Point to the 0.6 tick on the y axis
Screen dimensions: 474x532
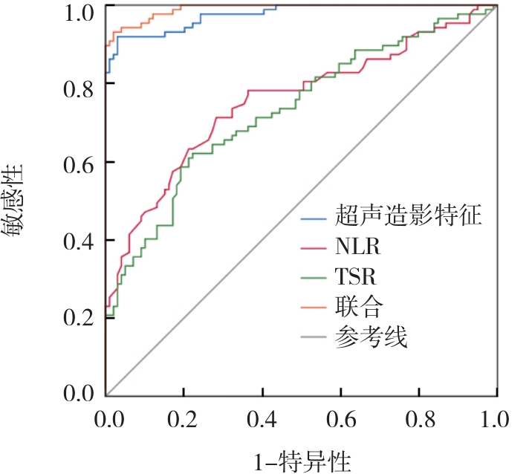pos(80,163)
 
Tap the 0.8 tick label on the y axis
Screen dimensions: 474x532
pos(80,85)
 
